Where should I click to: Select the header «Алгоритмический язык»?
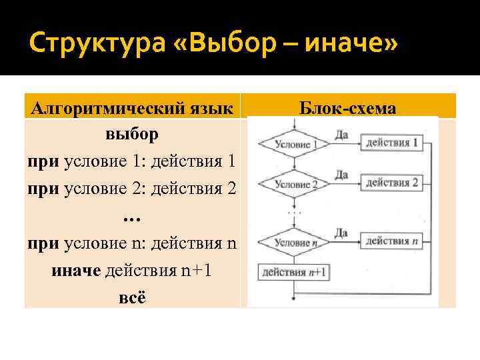point(131,108)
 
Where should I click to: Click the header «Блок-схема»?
point(348,108)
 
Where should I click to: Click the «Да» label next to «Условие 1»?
point(341,134)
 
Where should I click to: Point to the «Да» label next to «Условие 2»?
point(341,174)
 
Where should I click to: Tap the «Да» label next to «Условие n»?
point(341,232)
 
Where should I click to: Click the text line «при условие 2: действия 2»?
point(131,187)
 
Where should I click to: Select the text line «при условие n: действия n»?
point(131,243)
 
